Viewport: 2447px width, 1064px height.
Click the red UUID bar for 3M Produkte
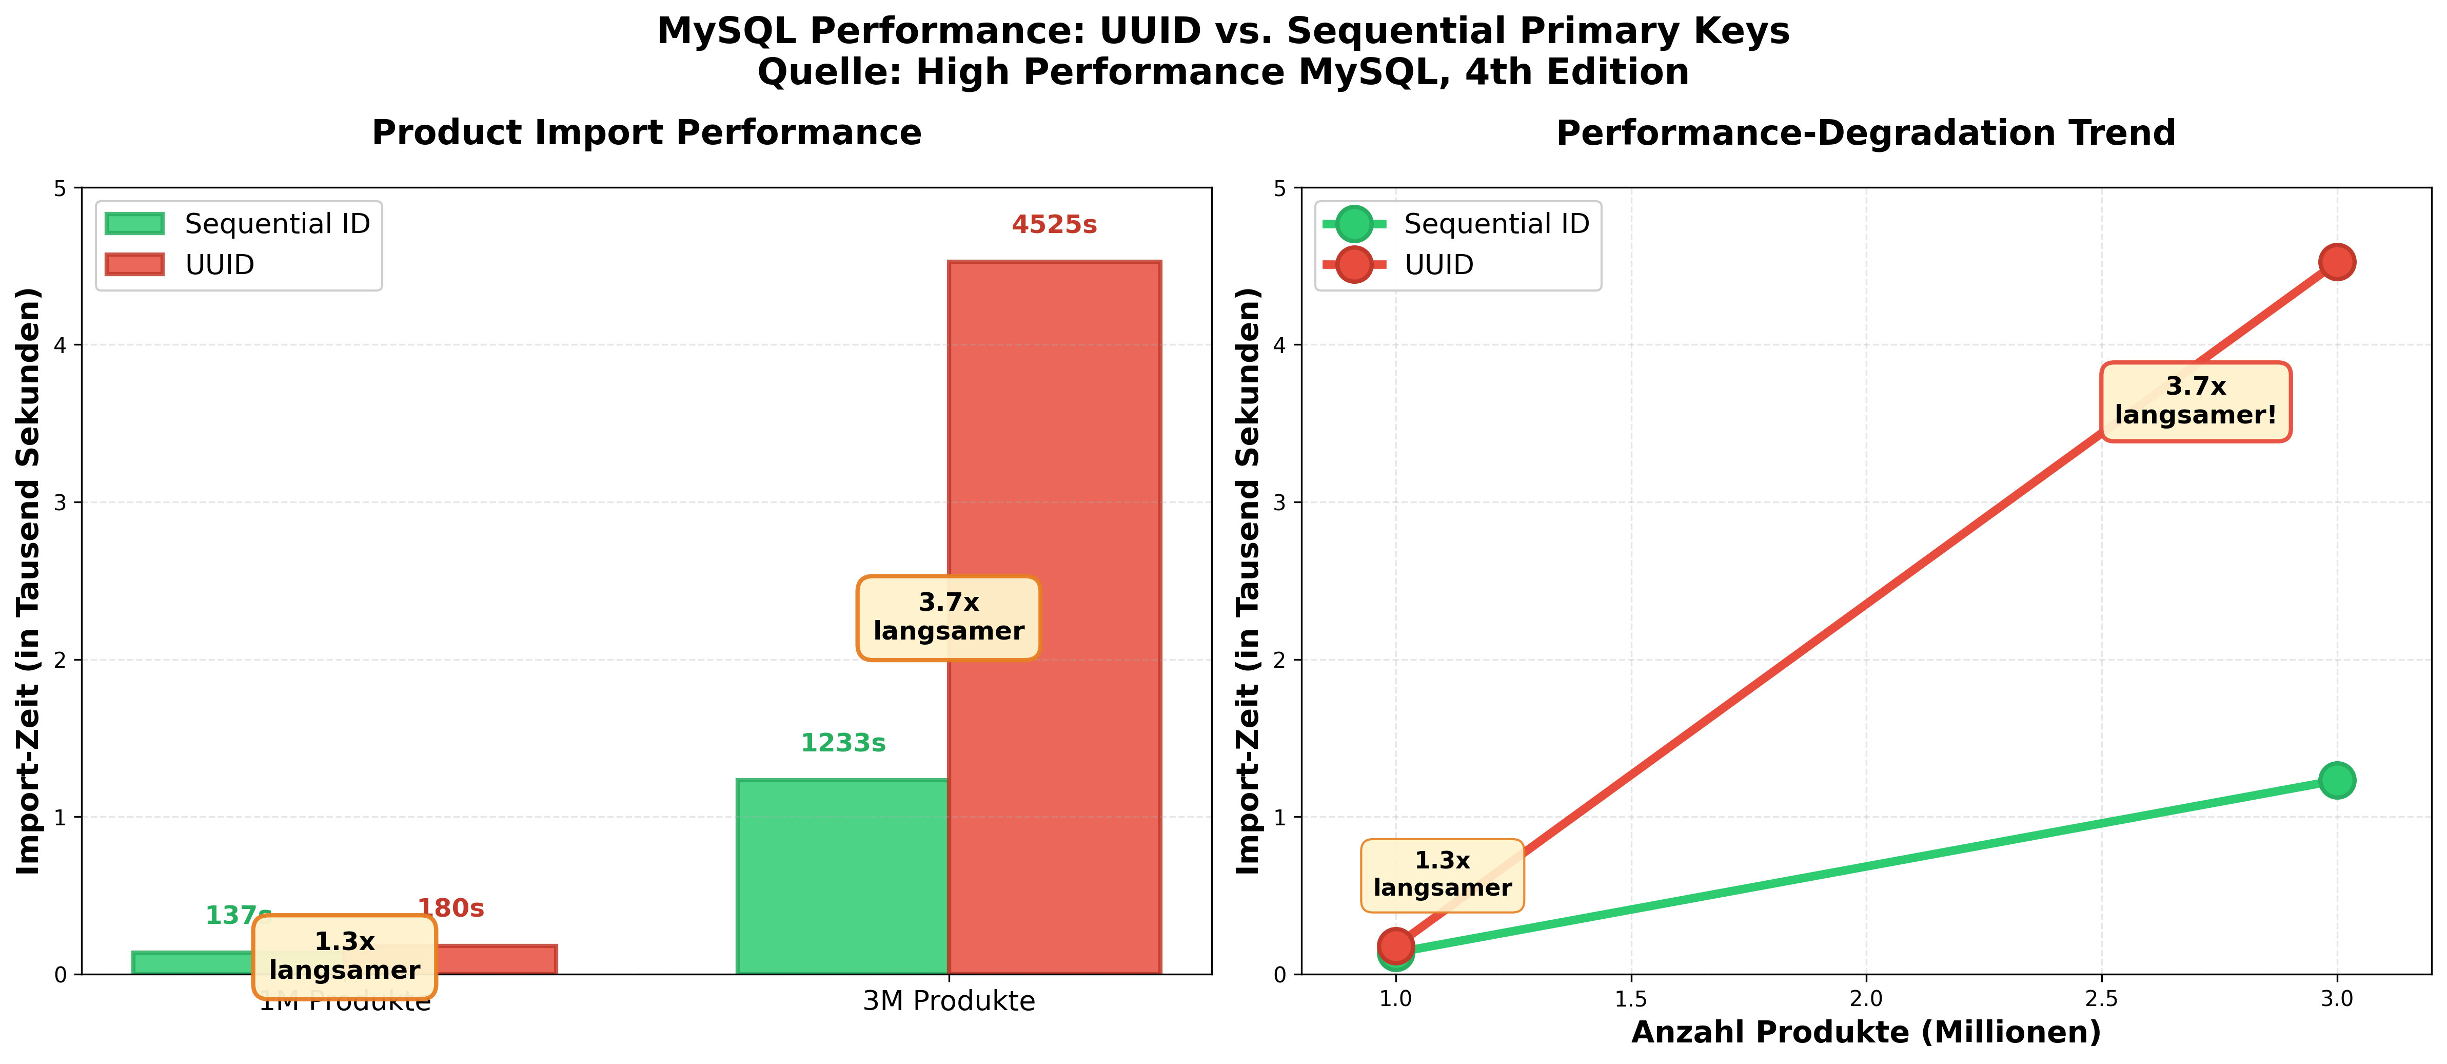(1054, 617)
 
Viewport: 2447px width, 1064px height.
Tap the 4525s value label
(1054, 225)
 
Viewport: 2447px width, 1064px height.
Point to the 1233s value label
(842, 743)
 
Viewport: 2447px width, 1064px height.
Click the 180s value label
(452, 908)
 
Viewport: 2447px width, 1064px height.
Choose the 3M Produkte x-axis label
(948, 1001)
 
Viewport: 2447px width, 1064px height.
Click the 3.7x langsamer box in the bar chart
(948, 617)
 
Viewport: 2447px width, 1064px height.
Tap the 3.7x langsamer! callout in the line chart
(2195, 401)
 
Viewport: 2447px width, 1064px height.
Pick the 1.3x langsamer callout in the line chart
(1442, 874)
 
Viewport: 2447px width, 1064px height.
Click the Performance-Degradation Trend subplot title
(1866, 133)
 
